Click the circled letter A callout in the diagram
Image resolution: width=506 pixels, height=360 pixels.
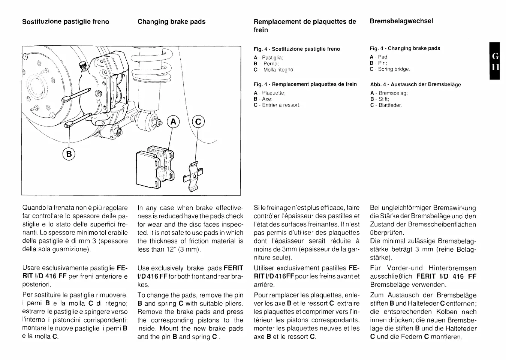[173, 122]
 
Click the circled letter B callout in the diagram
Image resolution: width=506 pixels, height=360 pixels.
[69, 153]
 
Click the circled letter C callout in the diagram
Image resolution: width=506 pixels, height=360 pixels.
[198, 122]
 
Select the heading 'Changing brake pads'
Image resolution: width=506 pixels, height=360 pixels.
[171, 21]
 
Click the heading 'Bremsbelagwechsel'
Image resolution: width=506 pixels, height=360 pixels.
[401, 21]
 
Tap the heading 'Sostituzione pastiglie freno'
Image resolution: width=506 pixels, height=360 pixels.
[66, 21]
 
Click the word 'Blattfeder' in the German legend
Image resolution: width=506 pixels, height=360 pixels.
[390, 105]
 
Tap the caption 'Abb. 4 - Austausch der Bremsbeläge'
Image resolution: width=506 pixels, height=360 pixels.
[415, 84]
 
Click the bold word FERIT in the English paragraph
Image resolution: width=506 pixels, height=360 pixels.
[233, 268]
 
